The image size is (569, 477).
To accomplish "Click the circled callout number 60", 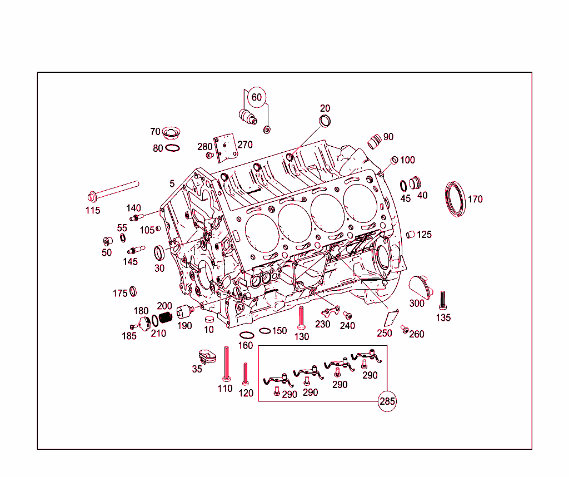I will point(256,97).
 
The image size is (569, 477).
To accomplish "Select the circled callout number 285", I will point(387,401).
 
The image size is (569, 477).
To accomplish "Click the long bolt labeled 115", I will point(113,190).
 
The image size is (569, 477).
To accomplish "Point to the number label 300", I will point(417,304).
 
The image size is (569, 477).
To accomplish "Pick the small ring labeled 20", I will point(325,121).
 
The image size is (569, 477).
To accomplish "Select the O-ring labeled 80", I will point(173,148).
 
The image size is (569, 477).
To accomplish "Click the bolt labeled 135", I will point(443,300).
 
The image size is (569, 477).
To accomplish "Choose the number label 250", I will point(385,334).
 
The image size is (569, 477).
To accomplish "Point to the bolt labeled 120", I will point(245,374).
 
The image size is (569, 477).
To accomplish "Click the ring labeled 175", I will point(133,291).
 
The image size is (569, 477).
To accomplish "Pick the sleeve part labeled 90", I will point(375,140).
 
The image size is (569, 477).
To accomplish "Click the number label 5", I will point(172,183).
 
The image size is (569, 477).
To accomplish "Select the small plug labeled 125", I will point(411,234).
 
